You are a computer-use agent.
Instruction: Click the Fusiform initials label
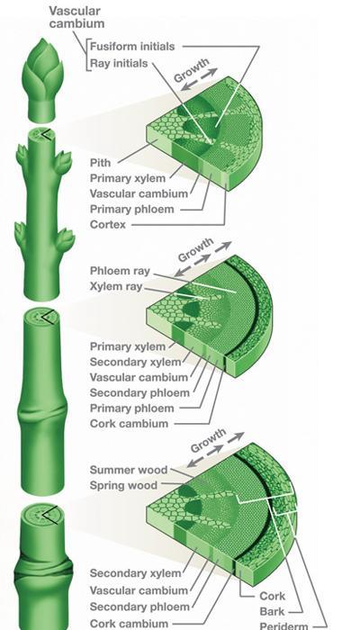pos(132,46)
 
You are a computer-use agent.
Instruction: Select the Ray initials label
pos(119,64)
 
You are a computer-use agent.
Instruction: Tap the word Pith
pos(100,163)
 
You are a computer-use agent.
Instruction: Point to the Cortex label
pos(108,224)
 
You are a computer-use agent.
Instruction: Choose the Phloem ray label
pos(120,271)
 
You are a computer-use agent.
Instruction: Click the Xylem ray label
pos(116,286)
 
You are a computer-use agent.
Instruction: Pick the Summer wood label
pos(129,470)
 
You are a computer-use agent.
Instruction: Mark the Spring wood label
pos(123,485)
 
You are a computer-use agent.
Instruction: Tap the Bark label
pos(272,611)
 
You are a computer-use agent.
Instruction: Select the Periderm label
pos(283,625)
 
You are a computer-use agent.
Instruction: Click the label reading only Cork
pos(273,596)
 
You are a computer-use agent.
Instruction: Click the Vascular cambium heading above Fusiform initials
pos(76,17)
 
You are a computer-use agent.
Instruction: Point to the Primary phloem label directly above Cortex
pos(131,210)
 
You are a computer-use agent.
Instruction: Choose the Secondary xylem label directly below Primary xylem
pos(135,362)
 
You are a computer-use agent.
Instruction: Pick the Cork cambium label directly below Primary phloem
pos(129,424)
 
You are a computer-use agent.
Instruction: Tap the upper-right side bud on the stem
pos(62,161)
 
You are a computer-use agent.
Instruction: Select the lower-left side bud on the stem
pos(21,236)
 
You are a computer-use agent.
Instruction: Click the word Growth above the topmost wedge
pos(192,70)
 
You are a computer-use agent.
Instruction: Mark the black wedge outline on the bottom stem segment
pos(49,515)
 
